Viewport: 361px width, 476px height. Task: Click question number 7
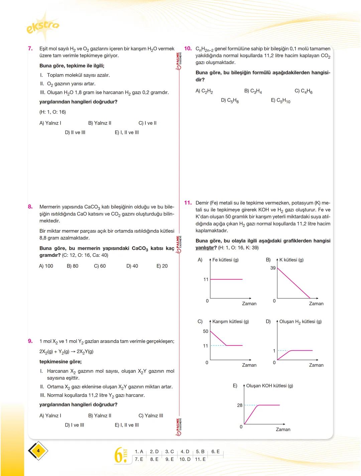30,49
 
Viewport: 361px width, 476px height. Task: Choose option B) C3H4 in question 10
253,91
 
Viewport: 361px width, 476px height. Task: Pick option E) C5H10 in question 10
280,100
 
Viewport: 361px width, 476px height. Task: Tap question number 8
30,207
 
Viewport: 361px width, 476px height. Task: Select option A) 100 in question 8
46,266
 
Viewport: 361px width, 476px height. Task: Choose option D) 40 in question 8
132,266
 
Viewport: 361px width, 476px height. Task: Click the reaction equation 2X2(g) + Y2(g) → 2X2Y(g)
67,352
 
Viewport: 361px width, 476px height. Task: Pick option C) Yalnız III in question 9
151,415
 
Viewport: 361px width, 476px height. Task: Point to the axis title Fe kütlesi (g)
225,260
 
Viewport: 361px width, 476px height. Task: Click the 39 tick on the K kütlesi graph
273,268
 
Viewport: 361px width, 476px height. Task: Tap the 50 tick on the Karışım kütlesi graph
206,331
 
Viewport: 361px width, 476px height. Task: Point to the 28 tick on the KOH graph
240,405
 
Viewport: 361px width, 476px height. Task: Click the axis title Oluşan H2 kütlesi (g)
300,321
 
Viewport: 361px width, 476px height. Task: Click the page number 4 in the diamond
38,451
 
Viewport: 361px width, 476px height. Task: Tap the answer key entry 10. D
185,459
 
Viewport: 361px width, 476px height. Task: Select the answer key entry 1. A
139,452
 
